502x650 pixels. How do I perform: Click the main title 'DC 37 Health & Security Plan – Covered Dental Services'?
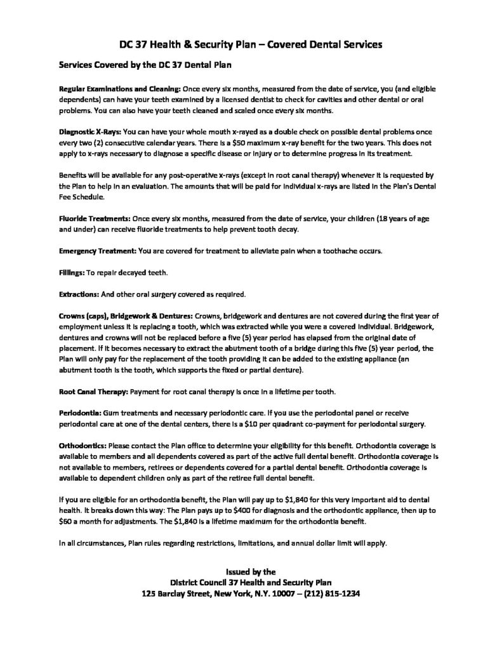(251, 45)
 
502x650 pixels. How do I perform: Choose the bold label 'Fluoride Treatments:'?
(91, 218)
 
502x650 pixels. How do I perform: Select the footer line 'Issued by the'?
(251, 571)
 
